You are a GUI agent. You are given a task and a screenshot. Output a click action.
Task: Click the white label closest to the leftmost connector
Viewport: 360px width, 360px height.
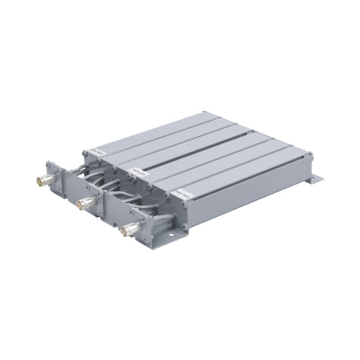coord(96,152)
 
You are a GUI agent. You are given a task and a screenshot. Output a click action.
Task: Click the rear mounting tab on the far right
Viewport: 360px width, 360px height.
coord(317,179)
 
